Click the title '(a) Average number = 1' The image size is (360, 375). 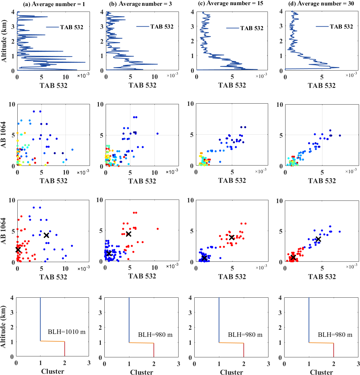coord(54,4)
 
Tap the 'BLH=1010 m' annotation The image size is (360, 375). coord(67,332)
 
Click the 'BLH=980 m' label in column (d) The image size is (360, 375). coord(335,335)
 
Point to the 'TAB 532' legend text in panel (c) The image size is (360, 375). coord(252,28)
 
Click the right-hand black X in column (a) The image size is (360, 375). coord(46,235)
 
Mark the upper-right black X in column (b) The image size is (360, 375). coord(128,234)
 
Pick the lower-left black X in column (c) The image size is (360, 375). coord(204,258)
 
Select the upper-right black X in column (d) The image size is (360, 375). coord(318,239)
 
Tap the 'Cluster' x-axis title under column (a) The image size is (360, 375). coord(53,371)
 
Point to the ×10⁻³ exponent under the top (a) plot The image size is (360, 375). coord(83,75)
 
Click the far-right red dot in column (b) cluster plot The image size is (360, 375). coord(158,229)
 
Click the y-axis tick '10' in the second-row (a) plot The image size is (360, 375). coord(12,105)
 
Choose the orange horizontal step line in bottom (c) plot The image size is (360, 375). coord(231,343)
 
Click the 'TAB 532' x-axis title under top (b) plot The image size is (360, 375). coord(143,85)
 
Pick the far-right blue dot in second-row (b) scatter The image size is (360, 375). coord(157,133)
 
